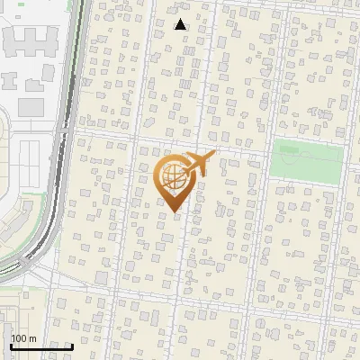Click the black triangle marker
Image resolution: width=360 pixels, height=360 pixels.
point(180,24)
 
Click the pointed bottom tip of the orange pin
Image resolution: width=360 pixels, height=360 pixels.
point(174,212)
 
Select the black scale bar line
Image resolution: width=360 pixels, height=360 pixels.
point(41,346)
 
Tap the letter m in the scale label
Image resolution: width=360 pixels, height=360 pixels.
point(33,338)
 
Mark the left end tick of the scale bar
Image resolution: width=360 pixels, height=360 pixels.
point(11,345)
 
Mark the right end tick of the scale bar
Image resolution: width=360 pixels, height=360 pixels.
point(72,345)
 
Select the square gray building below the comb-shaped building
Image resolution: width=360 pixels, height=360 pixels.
point(31,106)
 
